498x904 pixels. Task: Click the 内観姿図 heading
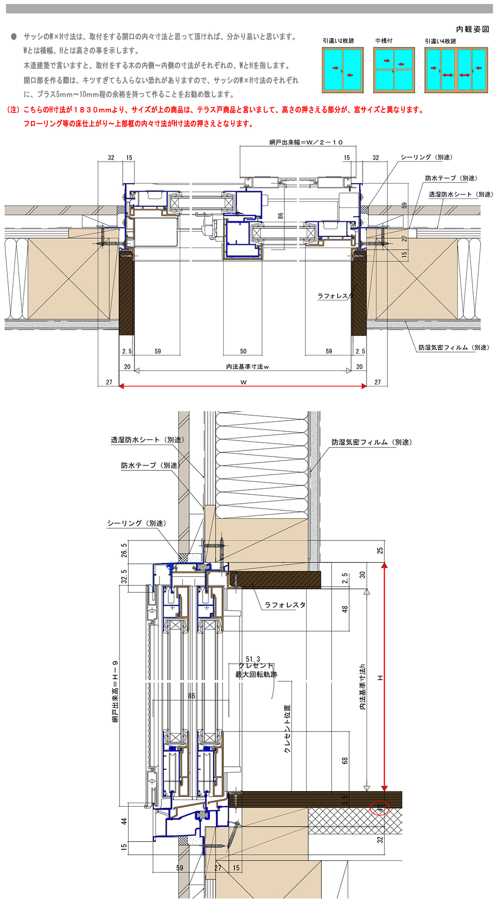[x=472, y=29]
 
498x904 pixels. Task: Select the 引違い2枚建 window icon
[x=343, y=70]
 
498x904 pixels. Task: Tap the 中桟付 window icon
[x=393, y=70]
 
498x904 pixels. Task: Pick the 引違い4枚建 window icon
[x=456, y=70]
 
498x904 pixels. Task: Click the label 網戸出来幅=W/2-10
[x=306, y=142]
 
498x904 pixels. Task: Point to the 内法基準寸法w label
[x=248, y=366]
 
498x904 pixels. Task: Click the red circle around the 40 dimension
[x=380, y=808]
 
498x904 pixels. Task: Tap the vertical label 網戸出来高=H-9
[x=116, y=691]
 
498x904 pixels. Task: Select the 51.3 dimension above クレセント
[x=252, y=659]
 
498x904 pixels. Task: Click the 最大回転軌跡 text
[x=256, y=674]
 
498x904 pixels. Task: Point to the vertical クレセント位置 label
[x=287, y=728]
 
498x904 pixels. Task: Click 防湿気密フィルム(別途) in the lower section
[x=372, y=442]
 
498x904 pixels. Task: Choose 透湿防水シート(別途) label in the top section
[x=461, y=194]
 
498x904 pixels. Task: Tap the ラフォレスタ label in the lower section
[x=285, y=605]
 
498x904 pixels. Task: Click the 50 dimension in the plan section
[x=243, y=351]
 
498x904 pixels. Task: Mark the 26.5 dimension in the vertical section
[x=124, y=550]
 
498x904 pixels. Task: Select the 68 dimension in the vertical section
[x=345, y=760]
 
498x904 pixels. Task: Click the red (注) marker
[x=13, y=110]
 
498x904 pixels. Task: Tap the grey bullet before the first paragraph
[x=13, y=36]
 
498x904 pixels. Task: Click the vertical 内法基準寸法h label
[x=363, y=686]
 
